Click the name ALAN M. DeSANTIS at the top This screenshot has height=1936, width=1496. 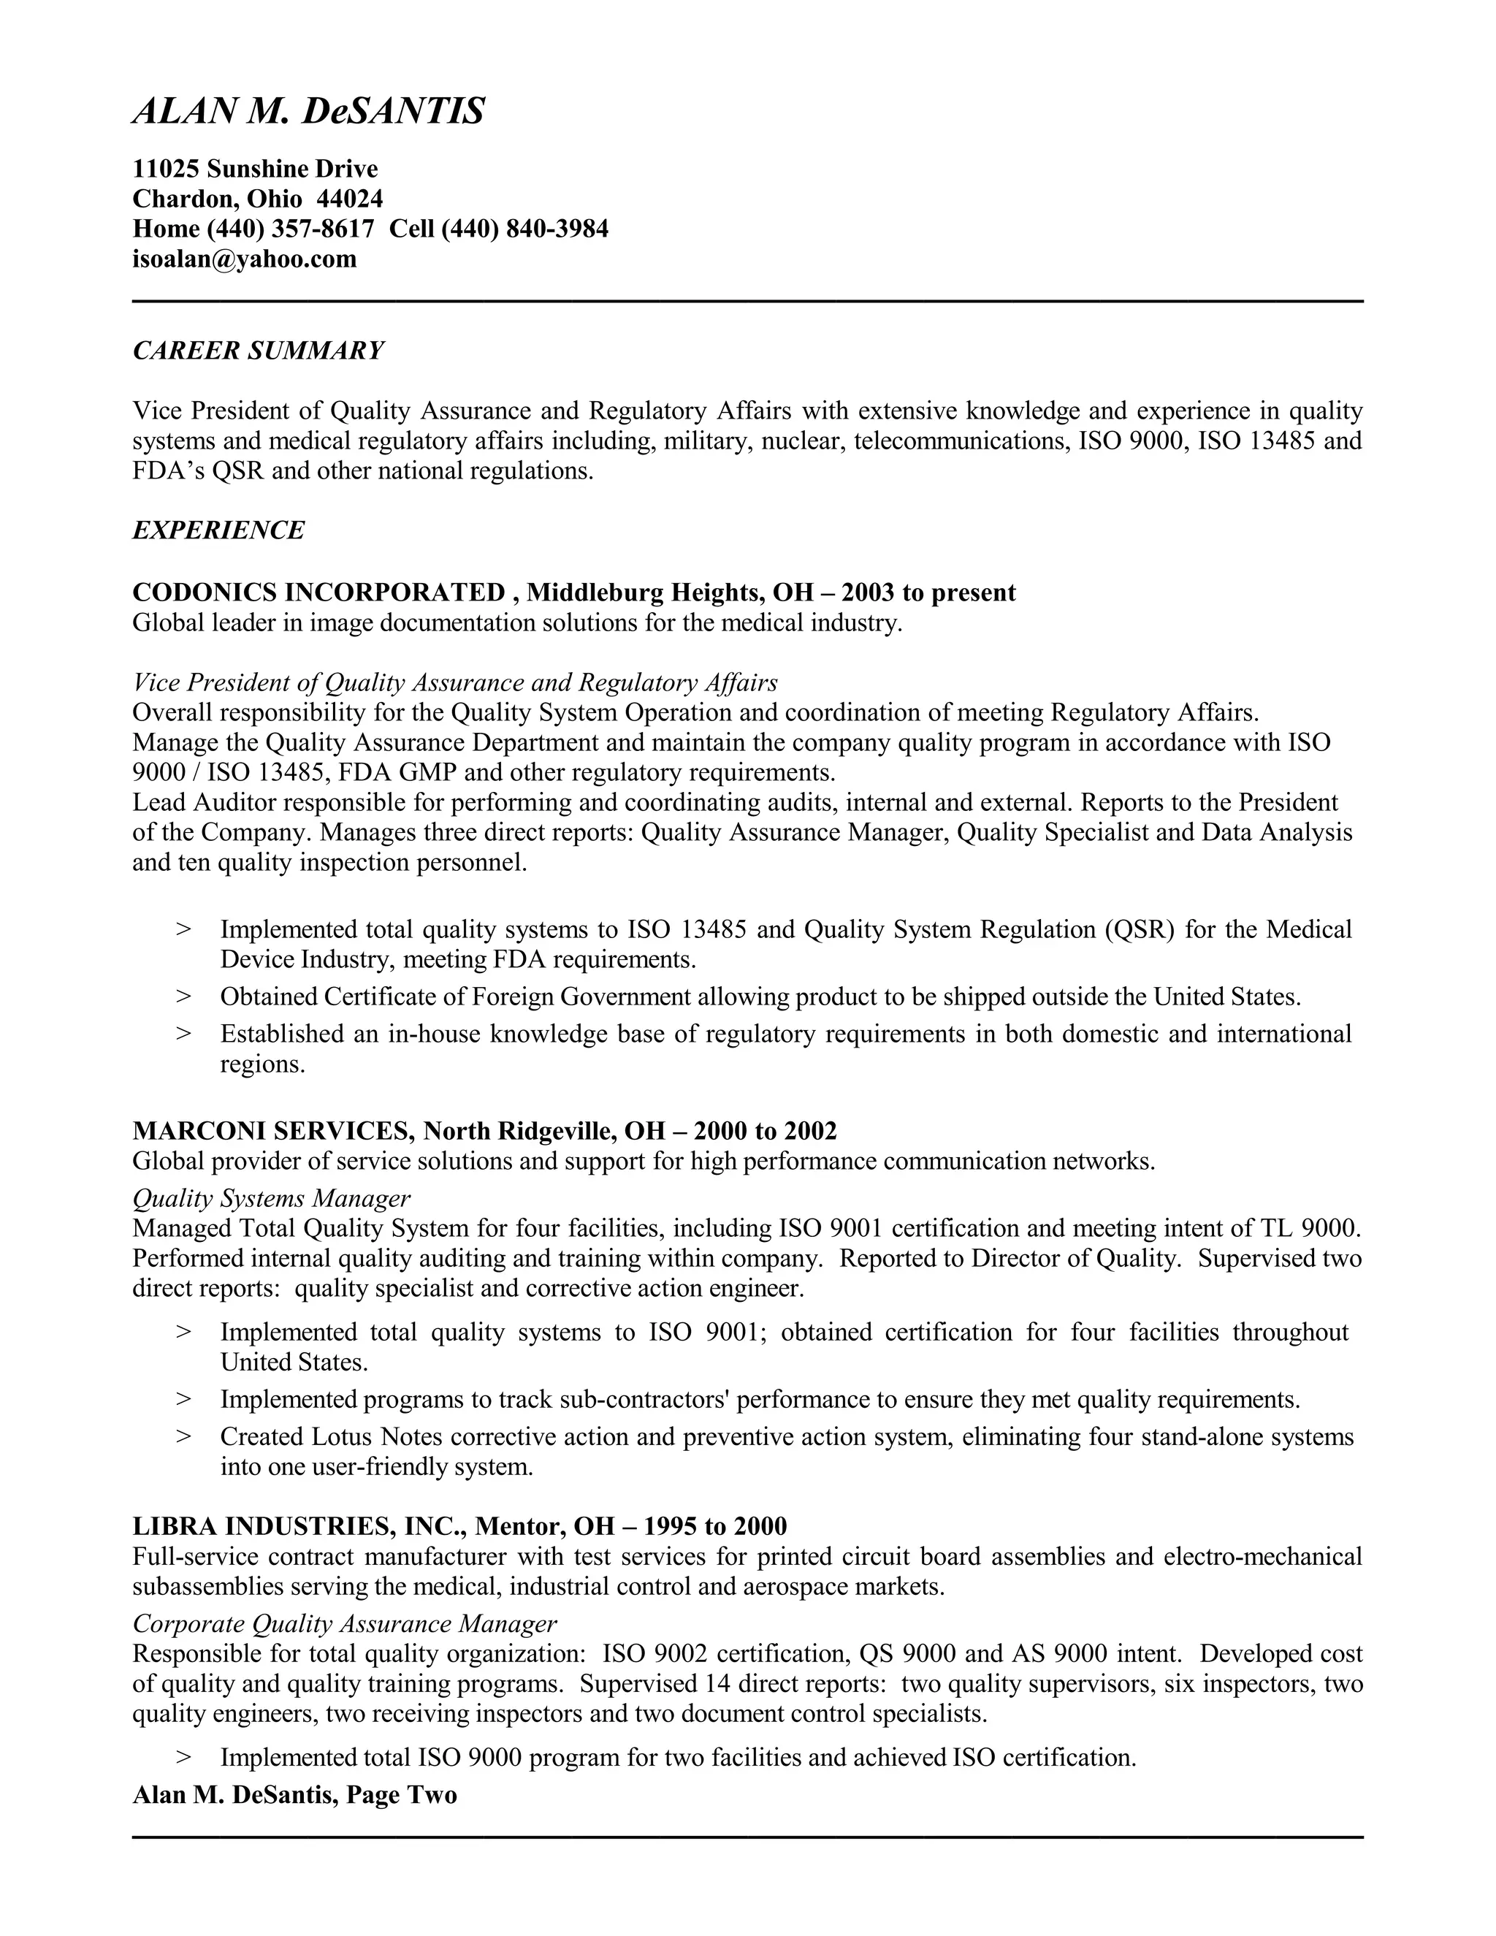point(308,113)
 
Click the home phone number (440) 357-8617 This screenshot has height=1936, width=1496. point(291,229)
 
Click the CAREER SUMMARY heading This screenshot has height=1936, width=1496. point(258,351)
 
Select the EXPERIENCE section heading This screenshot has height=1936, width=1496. point(218,530)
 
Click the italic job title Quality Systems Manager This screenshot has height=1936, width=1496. point(271,1198)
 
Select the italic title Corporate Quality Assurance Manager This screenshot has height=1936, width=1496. point(345,1623)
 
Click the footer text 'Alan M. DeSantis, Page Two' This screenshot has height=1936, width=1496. point(294,1795)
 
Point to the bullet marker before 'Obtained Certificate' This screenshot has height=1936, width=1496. point(183,996)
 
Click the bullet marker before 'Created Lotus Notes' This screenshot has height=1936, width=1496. point(183,1436)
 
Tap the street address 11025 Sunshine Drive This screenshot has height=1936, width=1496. point(255,169)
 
